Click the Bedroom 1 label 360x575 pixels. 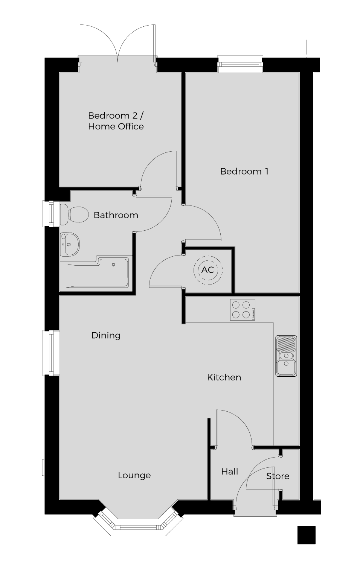(x=244, y=171)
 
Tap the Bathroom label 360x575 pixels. (x=116, y=215)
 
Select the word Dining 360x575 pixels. (x=106, y=336)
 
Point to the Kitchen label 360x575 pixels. (x=224, y=377)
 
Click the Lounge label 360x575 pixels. (x=134, y=475)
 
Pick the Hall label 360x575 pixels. (x=230, y=471)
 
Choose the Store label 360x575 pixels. (x=278, y=476)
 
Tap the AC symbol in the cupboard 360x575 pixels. (x=208, y=270)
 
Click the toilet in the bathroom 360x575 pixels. (x=74, y=214)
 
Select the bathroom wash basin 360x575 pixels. (x=70, y=244)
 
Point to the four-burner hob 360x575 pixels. (x=243, y=310)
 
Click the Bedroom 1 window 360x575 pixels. (x=240, y=64)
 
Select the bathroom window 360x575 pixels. (x=51, y=214)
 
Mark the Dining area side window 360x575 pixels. (x=51, y=353)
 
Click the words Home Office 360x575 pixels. (x=116, y=126)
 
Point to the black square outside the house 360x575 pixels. (x=306, y=535)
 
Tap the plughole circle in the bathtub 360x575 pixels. (x=114, y=265)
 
